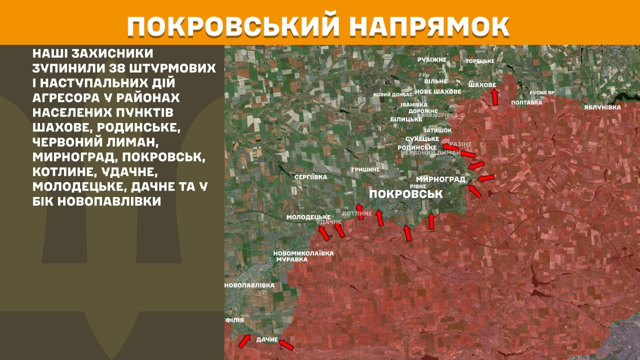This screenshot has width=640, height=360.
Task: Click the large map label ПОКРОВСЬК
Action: tap(405, 193)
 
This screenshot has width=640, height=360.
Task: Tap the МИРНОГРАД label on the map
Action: tap(440, 179)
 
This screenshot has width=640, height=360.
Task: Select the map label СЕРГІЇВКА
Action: tap(311, 177)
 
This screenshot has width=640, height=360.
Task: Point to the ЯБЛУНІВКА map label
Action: tap(602, 107)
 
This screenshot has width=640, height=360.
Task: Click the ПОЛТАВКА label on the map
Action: tap(526, 102)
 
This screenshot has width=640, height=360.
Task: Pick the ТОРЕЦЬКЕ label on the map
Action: tap(480, 61)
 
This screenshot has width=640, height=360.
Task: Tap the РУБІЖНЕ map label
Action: tap(432, 59)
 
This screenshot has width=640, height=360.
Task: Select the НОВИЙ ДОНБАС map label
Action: tap(393, 94)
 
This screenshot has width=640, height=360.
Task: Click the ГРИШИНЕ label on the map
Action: tap(365, 170)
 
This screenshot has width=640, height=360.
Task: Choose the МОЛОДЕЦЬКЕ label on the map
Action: tap(308, 217)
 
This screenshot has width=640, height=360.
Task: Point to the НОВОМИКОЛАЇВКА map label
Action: tap(303, 253)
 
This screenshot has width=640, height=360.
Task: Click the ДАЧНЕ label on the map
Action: tap(267, 340)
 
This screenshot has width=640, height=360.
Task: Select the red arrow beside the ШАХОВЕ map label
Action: tap(494, 96)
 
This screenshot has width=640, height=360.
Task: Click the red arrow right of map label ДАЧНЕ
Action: tap(286, 344)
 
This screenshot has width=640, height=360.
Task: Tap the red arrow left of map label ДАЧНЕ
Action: tap(244, 341)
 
